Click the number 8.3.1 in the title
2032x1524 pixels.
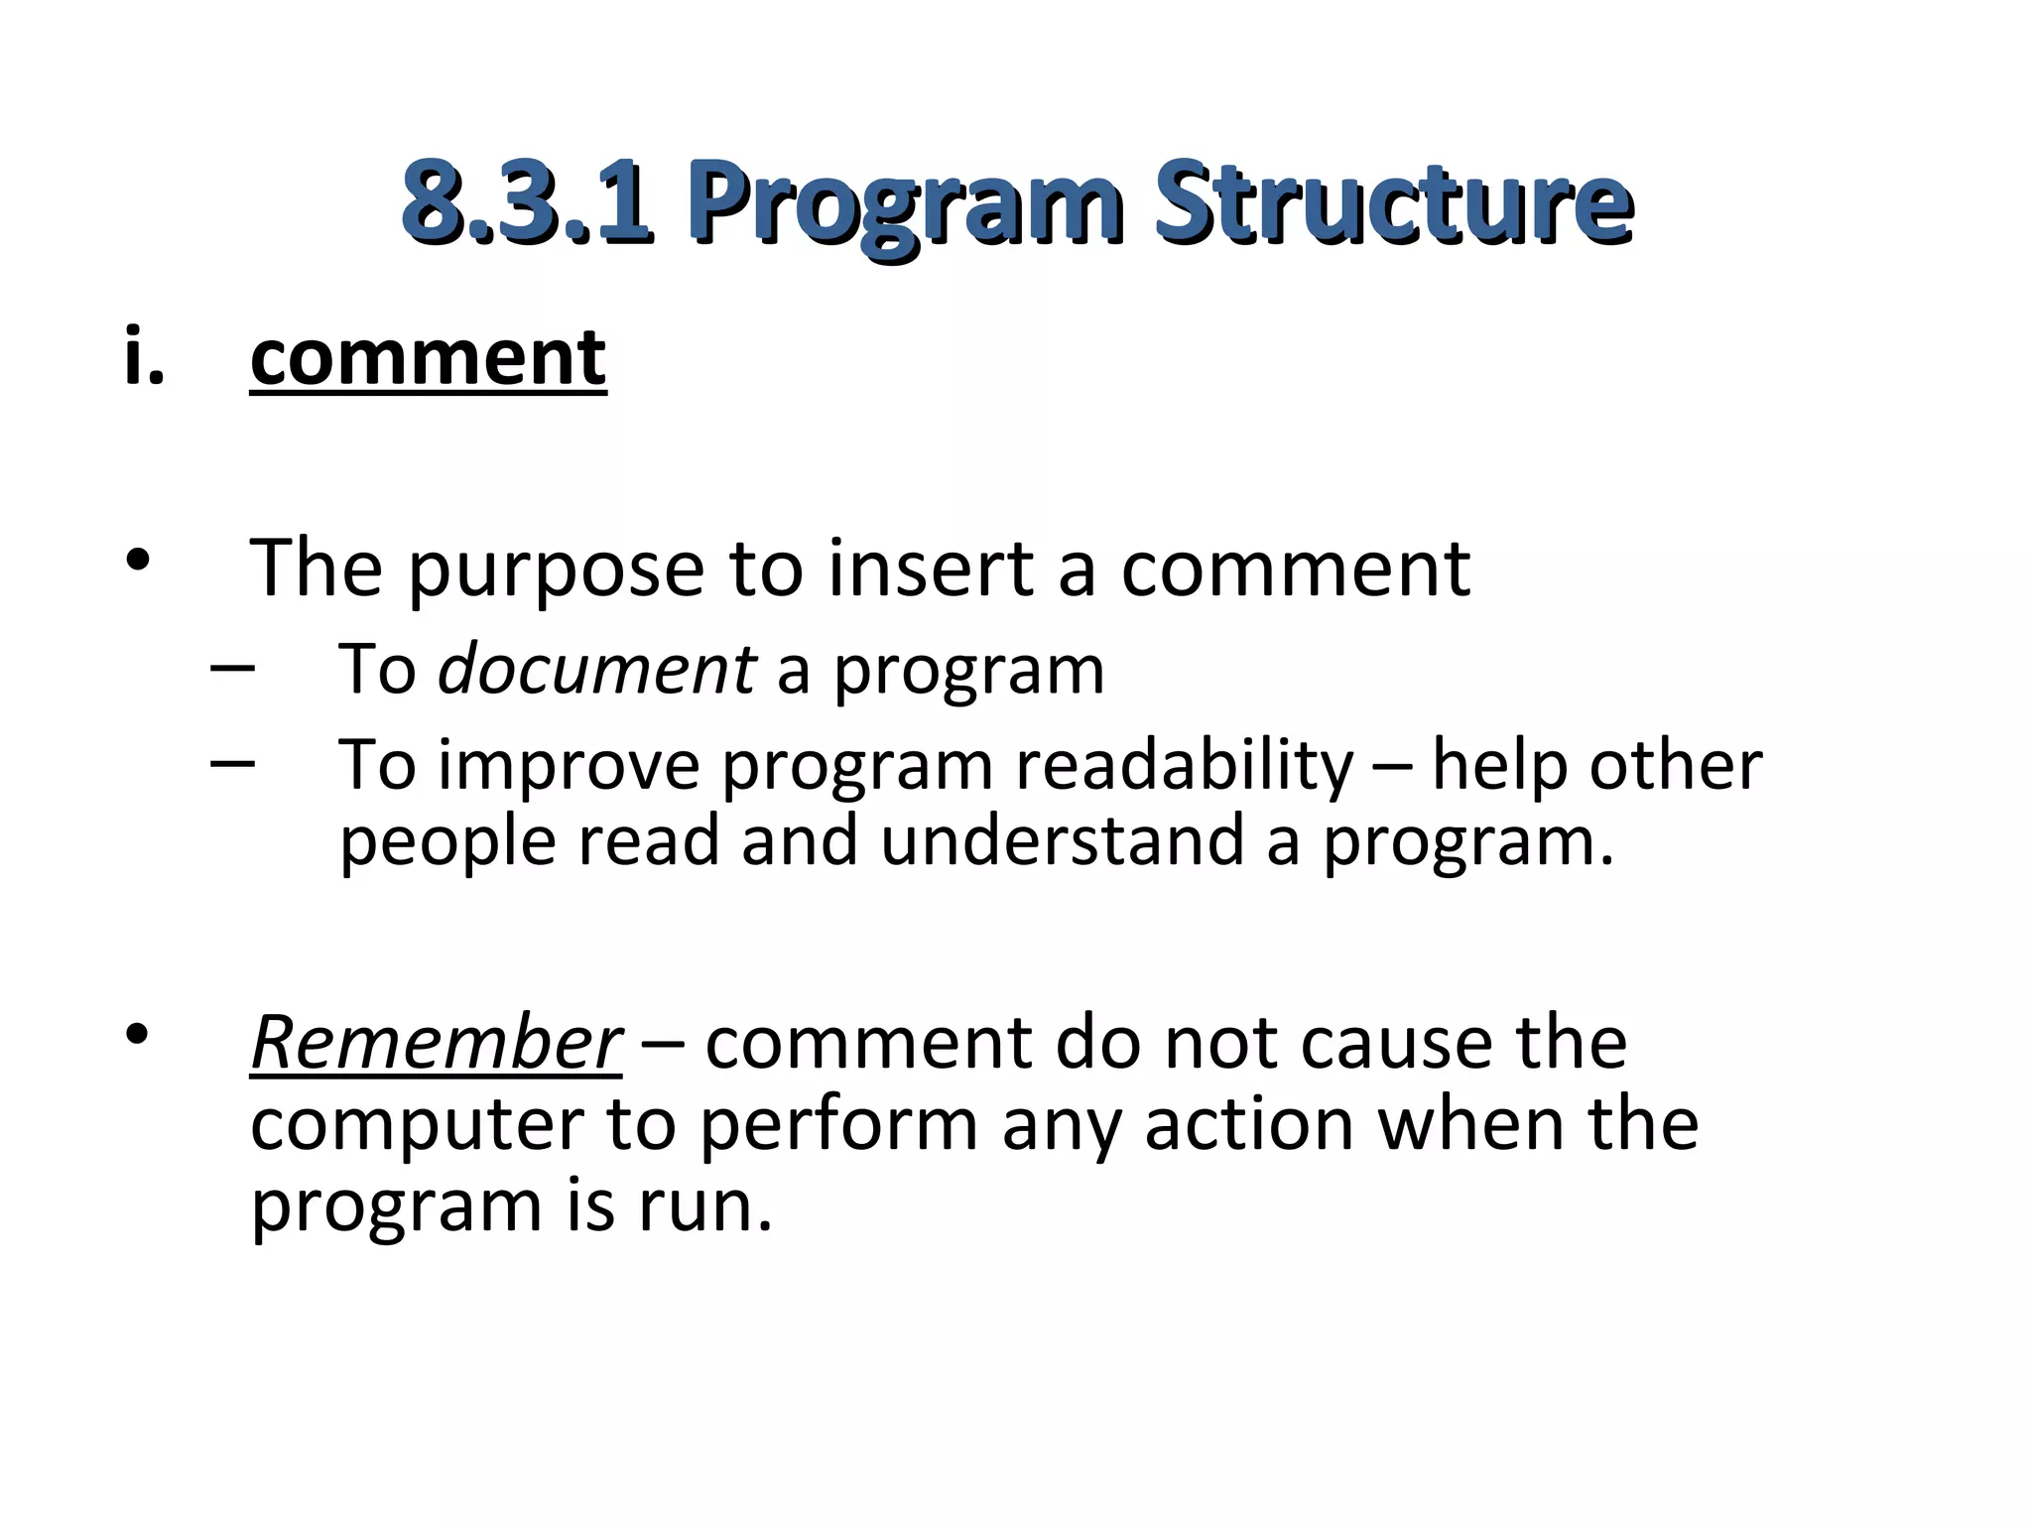click(527, 202)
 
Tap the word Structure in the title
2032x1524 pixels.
click(1394, 202)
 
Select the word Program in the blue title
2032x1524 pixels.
click(905, 208)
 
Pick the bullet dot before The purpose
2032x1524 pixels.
click(138, 560)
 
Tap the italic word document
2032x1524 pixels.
click(596, 669)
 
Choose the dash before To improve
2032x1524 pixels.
click(232, 762)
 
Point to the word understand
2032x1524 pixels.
click(1062, 840)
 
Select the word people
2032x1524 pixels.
click(447, 843)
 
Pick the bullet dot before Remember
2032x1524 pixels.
click(138, 1035)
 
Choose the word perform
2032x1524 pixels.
click(838, 1127)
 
